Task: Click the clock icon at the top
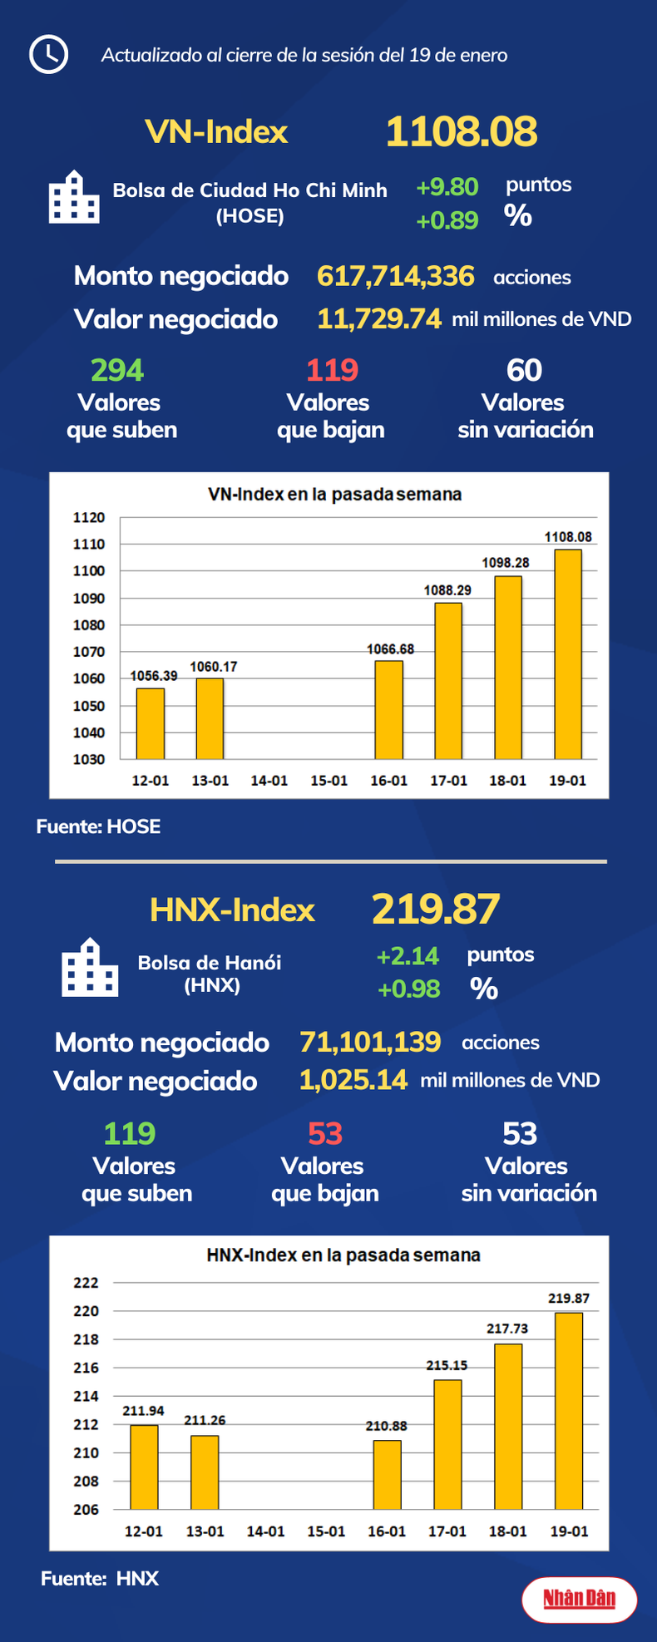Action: (48, 55)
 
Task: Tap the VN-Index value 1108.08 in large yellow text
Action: (462, 132)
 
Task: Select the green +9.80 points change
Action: (447, 187)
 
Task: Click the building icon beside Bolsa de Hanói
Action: (90, 968)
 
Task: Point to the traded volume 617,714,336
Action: (395, 276)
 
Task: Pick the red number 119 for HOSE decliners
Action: (332, 370)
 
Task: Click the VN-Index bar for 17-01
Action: (448, 680)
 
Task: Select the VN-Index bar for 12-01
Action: (151, 723)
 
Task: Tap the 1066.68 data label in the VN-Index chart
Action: (390, 649)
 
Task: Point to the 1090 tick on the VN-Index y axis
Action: (89, 599)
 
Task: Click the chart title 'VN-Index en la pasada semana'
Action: (334, 495)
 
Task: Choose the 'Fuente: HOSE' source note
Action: (98, 826)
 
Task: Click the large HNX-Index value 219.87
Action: (436, 909)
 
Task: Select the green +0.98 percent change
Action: (408, 989)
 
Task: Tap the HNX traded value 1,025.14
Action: (353, 1080)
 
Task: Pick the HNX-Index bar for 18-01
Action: (508, 1426)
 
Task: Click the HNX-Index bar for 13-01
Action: (205, 1472)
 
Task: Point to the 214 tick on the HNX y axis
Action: (86, 1396)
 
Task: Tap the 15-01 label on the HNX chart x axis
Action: (326, 1531)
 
